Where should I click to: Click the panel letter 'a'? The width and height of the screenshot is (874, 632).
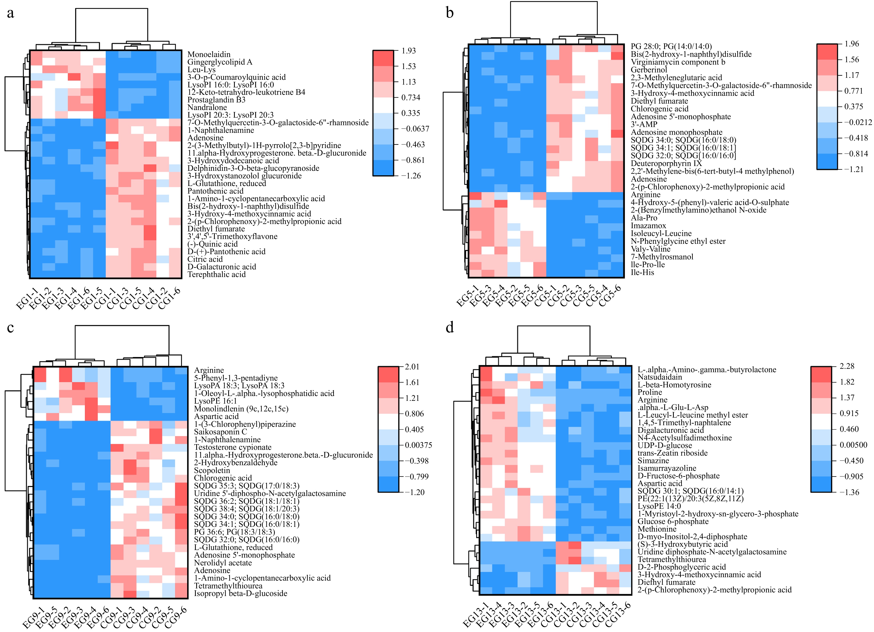coord(10,13)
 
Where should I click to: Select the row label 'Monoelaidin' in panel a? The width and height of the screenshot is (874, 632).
coord(209,54)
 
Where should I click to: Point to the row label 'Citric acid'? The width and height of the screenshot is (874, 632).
coord(205,259)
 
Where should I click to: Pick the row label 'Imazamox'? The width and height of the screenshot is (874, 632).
coord(648,226)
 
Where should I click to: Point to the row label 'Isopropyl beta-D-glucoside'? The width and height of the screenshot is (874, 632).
coord(240,593)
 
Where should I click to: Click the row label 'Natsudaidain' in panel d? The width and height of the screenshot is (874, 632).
coord(660,377)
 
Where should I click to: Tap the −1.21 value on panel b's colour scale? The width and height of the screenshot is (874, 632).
coord(854,169)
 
